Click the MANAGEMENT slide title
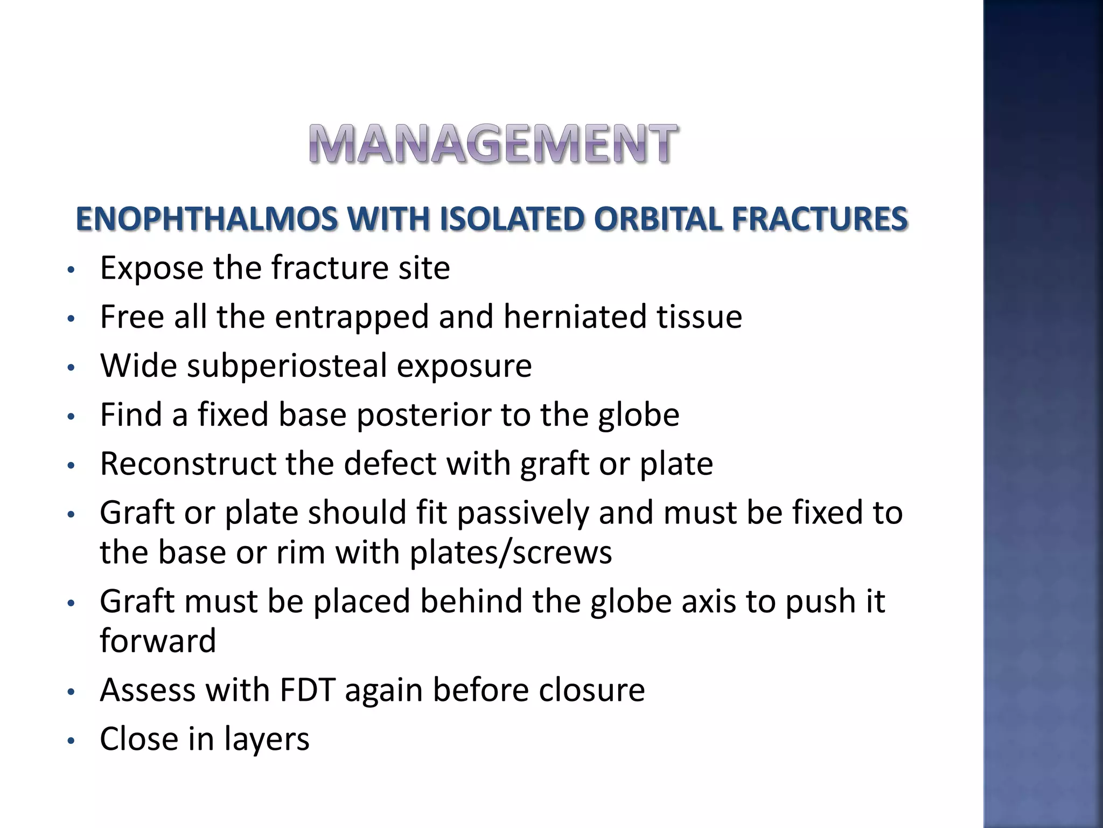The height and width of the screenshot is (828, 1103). tap(493, 143)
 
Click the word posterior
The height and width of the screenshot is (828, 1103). tap(423, 415)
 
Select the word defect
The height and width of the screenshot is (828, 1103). tap(390, 464)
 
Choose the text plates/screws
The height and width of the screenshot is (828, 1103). tap(511, 553)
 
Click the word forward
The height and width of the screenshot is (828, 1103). tap(158, 641)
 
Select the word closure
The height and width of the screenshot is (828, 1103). tap(592, 690)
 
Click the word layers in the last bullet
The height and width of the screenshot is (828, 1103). tap(267, 739)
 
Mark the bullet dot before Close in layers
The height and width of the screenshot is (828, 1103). tap(69, 741)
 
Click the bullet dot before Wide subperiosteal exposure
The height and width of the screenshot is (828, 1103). tap(69, 368)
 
